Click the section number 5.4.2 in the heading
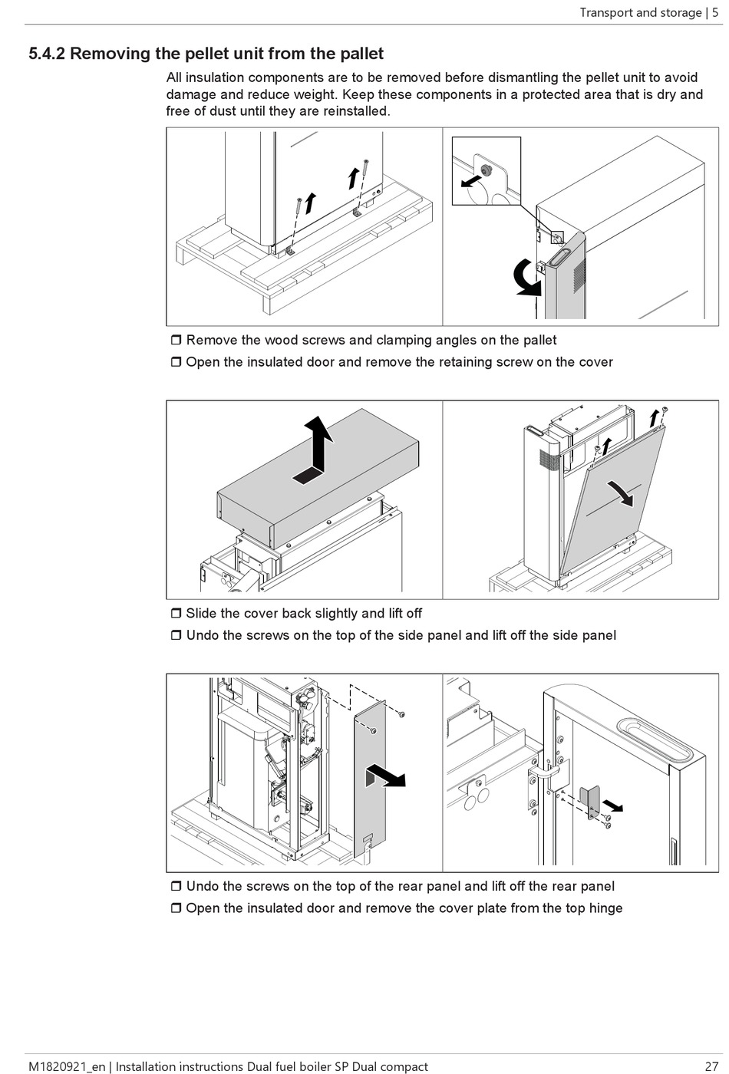coord(47,54)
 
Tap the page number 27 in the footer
coord(711,1066)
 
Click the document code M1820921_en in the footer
coord(66,1066)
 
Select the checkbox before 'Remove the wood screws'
coord(176,340)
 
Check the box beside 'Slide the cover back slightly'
coord(176,614)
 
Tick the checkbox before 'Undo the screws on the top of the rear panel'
coord(176,887)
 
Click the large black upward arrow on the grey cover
coord(317,449)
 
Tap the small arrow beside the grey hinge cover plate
coord(613,805)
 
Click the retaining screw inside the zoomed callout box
coord(485,168)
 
